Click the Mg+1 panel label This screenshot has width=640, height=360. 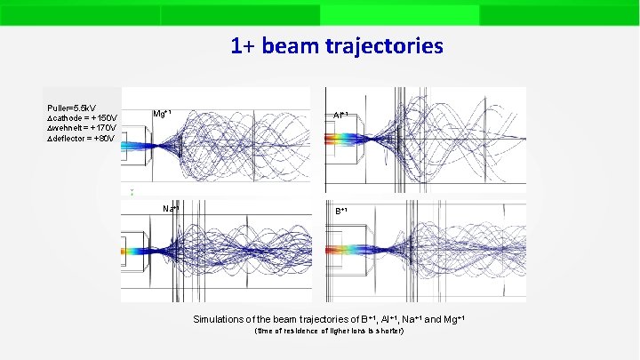click(x=162, y=114)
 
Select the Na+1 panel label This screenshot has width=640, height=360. click(x=171, y=209)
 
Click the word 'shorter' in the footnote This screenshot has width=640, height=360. click(x=388, y=332)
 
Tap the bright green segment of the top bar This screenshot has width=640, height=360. click(x=399, y=14)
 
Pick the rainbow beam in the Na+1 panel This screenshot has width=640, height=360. click(x=138, y=252)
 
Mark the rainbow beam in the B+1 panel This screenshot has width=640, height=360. click(x=351, y=251)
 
